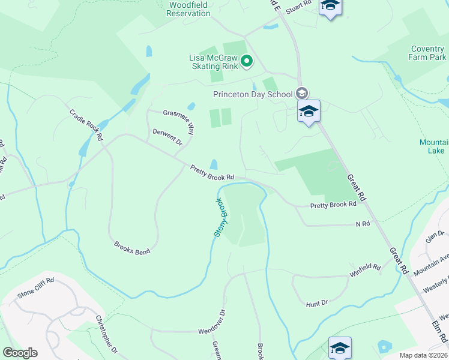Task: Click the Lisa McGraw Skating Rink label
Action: click(214, 61)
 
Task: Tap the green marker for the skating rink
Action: click(246, 61)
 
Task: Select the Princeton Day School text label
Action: click(253, 94)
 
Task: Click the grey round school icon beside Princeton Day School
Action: click(302, 93)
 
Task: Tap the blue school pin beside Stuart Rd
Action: click(330, 7)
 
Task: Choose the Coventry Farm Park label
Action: click(429, 53)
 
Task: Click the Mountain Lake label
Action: click(433, 146)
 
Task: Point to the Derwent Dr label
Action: click(167, 137)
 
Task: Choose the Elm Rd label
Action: click(439, 343)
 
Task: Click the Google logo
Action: click(20, 353)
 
